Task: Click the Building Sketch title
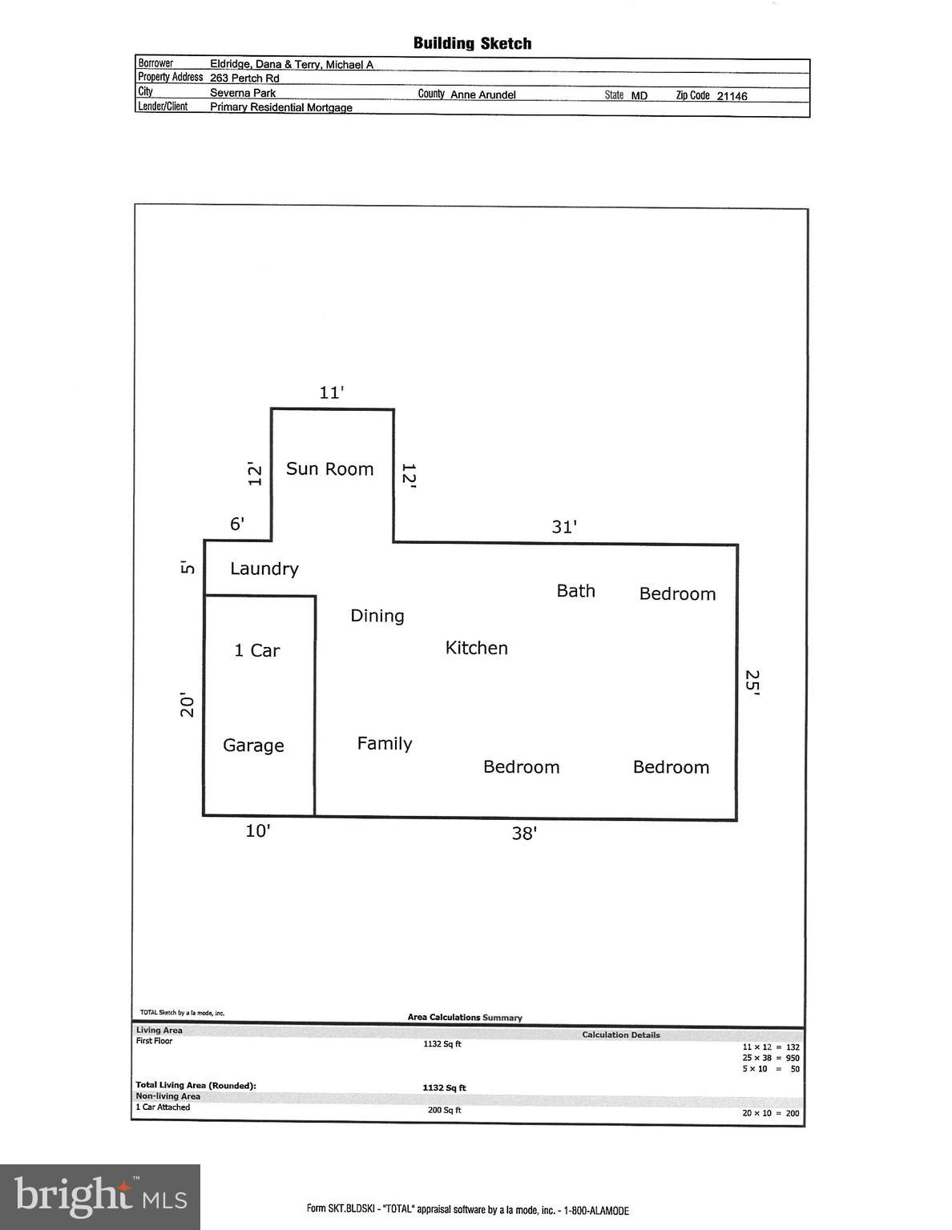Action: (472, 43)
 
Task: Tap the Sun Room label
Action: (329, 469)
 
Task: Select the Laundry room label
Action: (264, 569)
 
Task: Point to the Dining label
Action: (377, 616)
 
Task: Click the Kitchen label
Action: (476, 648)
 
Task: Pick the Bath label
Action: (575, 591)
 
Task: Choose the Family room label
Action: (384, 743)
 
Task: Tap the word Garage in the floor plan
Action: (253, 746)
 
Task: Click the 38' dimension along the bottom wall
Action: (523, 834)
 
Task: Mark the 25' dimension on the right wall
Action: (752, 682)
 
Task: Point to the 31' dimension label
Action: (563, 527)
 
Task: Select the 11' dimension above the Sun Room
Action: (331, 392)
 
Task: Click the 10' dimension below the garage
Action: (257, 831)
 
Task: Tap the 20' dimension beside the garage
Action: (188, 704)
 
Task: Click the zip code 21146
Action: (732, 96)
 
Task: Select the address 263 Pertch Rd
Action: (244, 78)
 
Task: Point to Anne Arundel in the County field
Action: (482, 94)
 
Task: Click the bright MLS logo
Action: (100, 1196)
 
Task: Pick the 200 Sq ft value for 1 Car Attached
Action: (444, 1110)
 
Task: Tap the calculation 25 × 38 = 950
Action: (770, 1058)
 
